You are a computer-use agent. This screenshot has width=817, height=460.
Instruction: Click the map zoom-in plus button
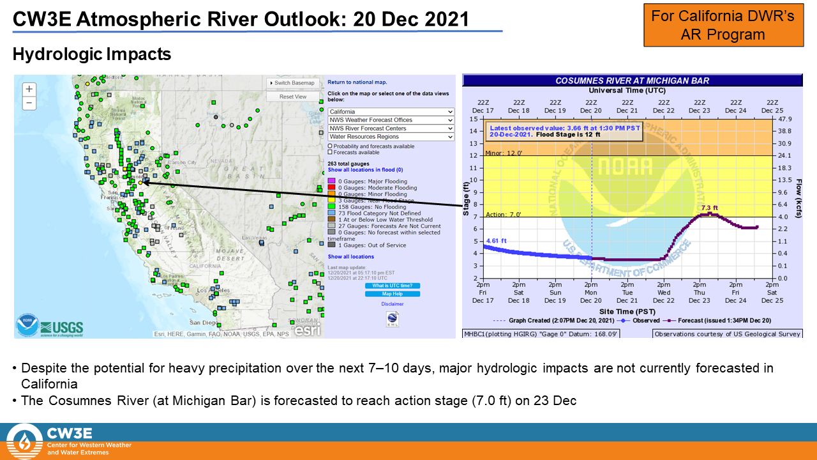click(x=29, y=89)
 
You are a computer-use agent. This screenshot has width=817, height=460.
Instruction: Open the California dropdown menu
click(x=391, y=112)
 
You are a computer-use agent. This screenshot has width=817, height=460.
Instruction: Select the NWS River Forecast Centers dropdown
click(x=391, y=128)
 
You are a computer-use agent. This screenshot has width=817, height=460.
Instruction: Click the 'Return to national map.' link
click(x=357, y=82)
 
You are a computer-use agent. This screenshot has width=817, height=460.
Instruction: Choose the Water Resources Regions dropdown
click(x=391, y=137)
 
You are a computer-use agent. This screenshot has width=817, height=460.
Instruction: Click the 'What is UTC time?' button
click(x=393, y=286)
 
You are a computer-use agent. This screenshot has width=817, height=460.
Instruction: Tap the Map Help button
click(x=393, y=294)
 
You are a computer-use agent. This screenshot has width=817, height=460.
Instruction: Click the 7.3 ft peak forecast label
click(x=709, y=208)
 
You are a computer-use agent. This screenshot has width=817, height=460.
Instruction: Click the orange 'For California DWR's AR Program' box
click(x=723, y=25)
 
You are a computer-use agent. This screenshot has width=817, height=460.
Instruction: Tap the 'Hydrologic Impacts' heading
click(x=92, y=55)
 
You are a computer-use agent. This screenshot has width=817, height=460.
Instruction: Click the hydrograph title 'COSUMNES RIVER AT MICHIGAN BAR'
click(x=632, y=80)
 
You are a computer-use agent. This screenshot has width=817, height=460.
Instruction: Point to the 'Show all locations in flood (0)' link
click(x=365, y=170)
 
